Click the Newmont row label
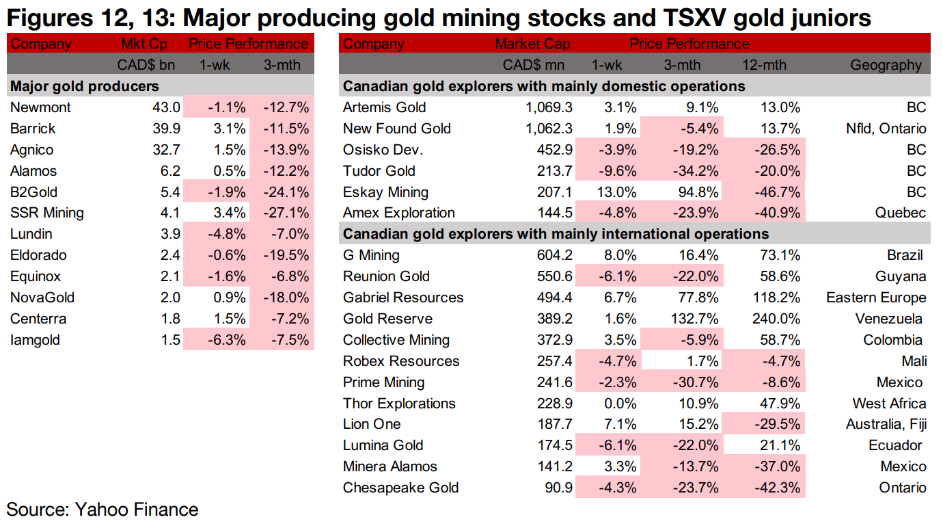[x=40, y=107]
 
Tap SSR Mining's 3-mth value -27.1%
[x=286, y=213]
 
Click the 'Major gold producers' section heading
[x=84, y=86]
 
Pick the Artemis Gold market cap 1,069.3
[x=545, y=107]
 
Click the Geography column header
[x=886, y=65]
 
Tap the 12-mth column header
[x=764, y=65]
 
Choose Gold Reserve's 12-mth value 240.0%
[x=777, y=319]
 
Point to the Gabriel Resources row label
[x=403, y=298]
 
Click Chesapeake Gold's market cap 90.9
[x=558, y=488]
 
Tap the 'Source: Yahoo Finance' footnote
[x=102, y=510]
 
